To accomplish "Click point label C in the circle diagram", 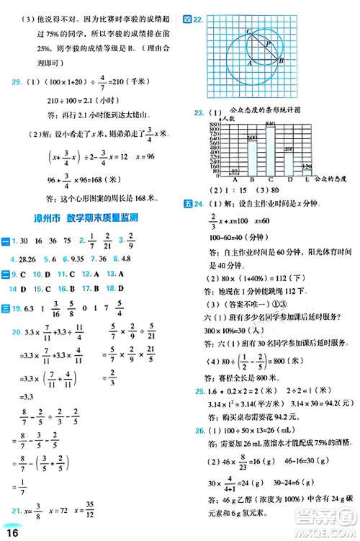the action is (248, 31).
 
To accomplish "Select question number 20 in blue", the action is (17, 331).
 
